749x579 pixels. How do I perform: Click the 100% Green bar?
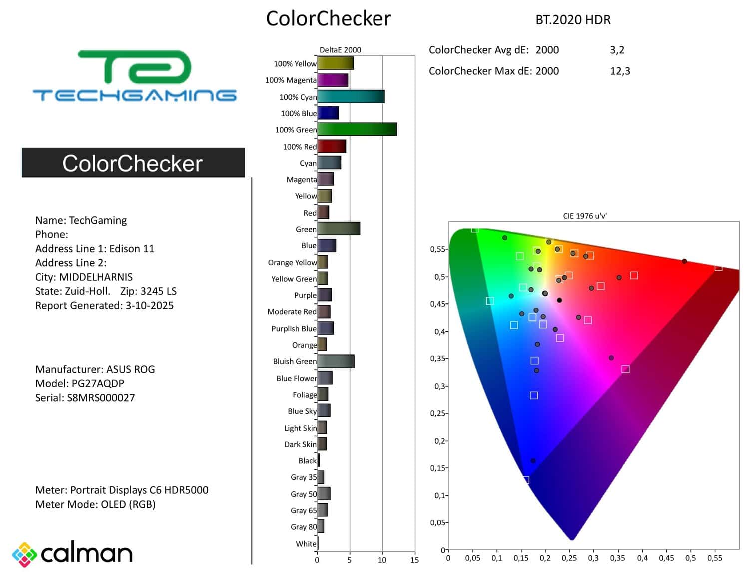coord(357,129)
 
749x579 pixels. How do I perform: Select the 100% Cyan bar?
coord(351,96)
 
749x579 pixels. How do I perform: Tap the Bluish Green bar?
coord(336,361)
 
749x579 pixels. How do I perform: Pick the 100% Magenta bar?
coord(333,80)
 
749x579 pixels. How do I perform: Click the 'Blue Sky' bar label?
coord(302,411)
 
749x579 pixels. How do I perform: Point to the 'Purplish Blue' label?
coord(294,328)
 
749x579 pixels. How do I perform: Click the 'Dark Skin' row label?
coord(300,444)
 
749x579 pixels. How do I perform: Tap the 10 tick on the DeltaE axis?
coord(382,560)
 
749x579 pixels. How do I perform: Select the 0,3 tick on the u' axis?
coord(593,558)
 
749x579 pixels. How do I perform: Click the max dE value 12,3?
coord(620,71)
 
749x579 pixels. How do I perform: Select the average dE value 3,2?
coord(617,50)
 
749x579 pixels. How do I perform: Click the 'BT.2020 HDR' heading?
coord(573,20)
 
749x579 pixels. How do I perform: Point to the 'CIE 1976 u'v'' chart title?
coord(585,216)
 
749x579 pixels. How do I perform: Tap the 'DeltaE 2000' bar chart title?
coord(340,50)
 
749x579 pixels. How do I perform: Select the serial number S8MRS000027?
coord(101,398)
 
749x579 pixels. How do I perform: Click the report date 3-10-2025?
coord(150,305)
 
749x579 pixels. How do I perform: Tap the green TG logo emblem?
coord(135,66)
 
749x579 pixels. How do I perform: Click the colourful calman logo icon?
coord(24,554)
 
